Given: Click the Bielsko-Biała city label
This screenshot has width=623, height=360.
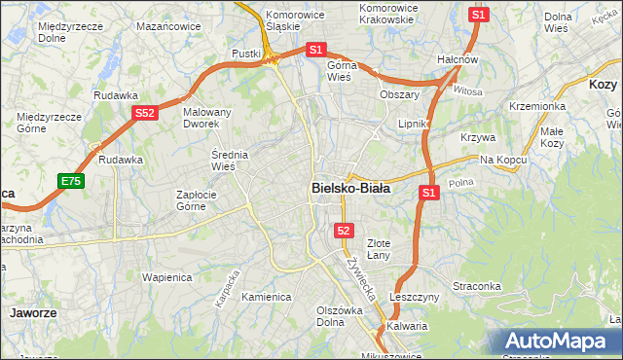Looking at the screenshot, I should tap(350, 188).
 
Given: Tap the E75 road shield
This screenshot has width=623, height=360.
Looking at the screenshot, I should tap(70, 181).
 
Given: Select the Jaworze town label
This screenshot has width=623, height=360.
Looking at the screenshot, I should tap(32, 313).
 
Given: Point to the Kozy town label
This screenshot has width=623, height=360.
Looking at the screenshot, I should tap(603, 85).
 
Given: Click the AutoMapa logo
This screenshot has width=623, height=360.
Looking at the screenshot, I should tap(558, 342).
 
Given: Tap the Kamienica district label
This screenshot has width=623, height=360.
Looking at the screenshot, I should tap(267, 297).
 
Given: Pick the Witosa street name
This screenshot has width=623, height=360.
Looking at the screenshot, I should tap(467, 90).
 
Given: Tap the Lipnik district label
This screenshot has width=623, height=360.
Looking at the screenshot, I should tap(414, 125).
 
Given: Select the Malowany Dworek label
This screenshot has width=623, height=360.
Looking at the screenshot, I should tap(207, 118).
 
